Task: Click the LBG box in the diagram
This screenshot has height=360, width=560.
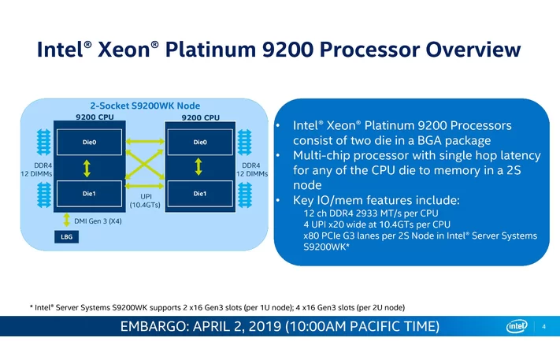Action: click(x=66, y=237)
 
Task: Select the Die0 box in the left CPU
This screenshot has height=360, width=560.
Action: click(x=89, y=142)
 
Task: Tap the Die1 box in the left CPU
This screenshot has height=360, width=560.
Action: click(x=89, y=194)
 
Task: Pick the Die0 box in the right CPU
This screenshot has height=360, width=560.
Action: click(x=200, y=142)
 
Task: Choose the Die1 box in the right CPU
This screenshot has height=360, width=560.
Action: click(x=200, y=194)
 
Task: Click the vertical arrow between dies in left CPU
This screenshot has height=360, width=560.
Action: click(x=87, y=169)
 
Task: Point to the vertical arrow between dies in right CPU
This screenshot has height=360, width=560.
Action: click(x=198, y=167)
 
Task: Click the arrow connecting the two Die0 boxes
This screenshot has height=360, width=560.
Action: click(x=145, y=142)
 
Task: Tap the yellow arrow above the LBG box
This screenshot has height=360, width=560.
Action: click(x=66, y=220)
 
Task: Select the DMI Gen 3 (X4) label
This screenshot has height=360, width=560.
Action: click(x=98, y=221)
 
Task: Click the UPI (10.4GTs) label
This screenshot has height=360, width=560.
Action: click(x=145, y=201)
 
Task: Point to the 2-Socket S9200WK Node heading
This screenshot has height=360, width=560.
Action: click(x=145, y=106)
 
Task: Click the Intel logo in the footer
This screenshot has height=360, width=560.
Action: click(x=517, y=325)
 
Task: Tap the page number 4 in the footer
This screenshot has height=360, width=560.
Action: click(x=544, y=326)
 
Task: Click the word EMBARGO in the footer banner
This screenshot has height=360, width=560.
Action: click(x=154, y=326)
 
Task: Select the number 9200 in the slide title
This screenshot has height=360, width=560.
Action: click(x=287, y=50)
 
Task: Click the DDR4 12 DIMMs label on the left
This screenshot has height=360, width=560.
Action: click(x=36, y=169)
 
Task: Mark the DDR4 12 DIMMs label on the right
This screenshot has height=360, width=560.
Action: click(x=252, y=169)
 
